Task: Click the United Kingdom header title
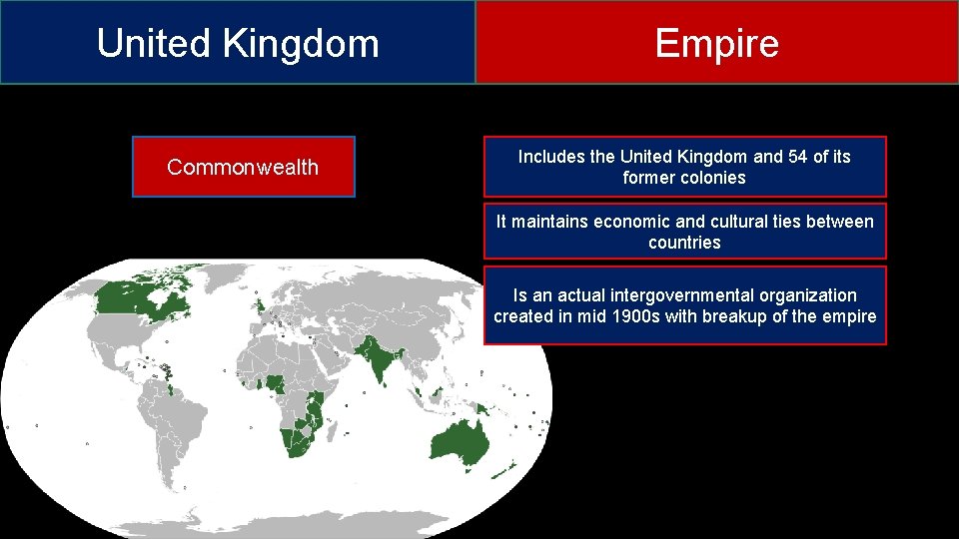pos(238,43)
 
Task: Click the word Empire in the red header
pos(716,43)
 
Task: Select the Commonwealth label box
pos(243,167)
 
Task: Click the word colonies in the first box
pos(712,178)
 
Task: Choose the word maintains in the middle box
pos(550,222)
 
